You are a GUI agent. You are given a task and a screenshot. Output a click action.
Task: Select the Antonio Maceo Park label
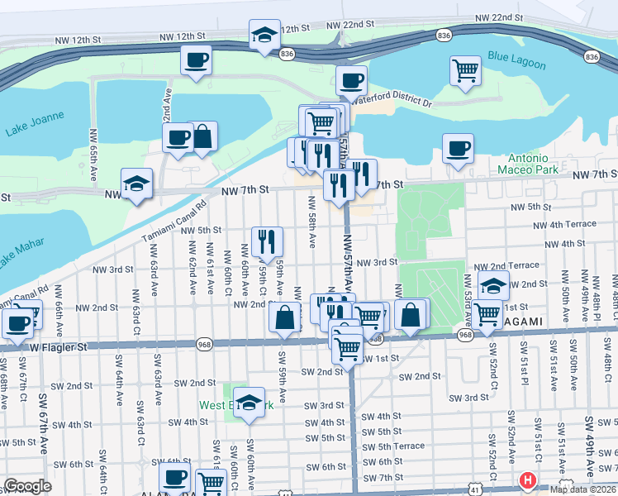click(x=522, y=164)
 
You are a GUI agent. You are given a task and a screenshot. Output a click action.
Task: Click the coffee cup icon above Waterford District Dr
click(x=351, y=81)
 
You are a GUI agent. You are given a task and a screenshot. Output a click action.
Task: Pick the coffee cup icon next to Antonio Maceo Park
click(x=458, y=148)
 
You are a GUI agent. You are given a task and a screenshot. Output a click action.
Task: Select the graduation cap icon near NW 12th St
click(x=264, y=36)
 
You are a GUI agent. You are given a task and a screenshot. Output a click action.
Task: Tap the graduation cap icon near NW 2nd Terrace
click(x=493, y=286)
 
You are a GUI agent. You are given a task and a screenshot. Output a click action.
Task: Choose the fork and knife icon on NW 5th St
click(x=267, y=241)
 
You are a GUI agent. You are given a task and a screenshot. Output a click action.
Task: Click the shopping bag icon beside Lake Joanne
click(x=202, y=136)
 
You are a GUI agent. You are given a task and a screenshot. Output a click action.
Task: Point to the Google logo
click(x=27, y=486)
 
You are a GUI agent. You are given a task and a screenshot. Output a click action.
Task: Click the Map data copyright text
click(x=583, y=489)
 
